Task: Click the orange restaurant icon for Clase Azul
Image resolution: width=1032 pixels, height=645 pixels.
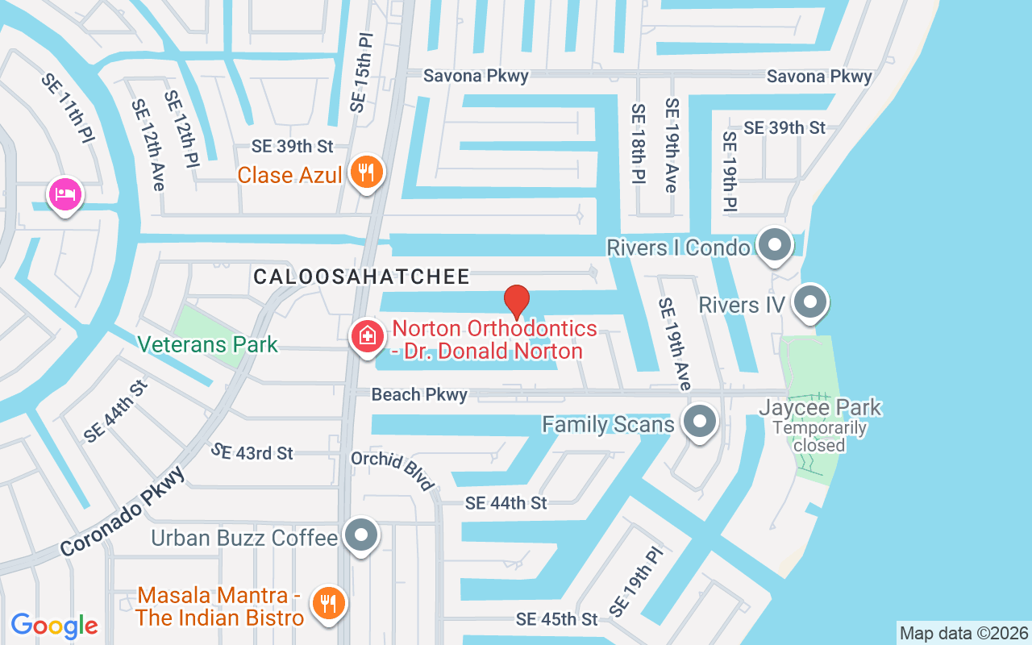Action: point(367,173)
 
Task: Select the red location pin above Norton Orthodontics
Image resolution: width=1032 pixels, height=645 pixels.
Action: point(516,302)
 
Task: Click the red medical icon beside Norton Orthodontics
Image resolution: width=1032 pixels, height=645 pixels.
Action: point(367,335)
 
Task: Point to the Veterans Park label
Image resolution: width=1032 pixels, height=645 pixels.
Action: point(207,345)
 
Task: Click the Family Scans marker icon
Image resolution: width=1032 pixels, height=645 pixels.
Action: point(699,422)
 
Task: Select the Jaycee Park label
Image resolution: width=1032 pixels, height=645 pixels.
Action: point(820,408)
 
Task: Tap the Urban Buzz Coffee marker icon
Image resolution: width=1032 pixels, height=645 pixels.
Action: point(361,536)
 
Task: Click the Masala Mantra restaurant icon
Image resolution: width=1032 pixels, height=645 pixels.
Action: point(328,602)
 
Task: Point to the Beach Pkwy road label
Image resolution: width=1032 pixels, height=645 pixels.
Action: point(418,394)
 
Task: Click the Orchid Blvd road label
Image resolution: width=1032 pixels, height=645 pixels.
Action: point(393,470)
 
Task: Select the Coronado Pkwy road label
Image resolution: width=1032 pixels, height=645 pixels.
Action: point(123,511)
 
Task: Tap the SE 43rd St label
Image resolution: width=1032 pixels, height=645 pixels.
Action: point(252,452)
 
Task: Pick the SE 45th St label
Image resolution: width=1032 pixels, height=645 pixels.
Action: point(556,619)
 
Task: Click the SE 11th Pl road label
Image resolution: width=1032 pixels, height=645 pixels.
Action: point(68,107)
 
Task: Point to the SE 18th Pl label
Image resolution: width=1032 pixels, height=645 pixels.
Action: point(639,144)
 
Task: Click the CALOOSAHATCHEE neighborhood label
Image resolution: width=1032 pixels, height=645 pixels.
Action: point(361,277)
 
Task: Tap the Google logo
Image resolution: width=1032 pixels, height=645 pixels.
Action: point(55,625)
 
